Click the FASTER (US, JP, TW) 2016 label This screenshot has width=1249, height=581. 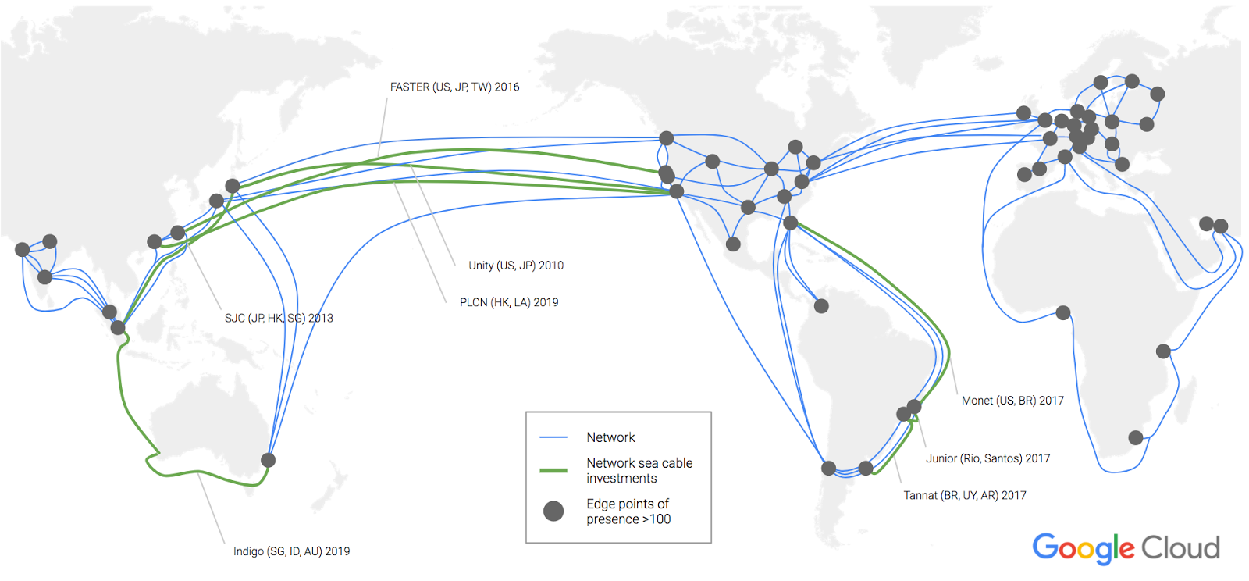coord(454,87)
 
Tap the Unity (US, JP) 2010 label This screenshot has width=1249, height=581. coord(516,266)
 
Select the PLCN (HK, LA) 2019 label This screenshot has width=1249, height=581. coord(509,302)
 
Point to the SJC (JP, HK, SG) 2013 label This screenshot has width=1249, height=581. coord(279,318)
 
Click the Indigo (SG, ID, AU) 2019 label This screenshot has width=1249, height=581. coord(291,551)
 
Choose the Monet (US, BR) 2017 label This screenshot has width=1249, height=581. coord(1012,401)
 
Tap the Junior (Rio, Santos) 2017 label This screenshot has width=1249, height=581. coord(987,458)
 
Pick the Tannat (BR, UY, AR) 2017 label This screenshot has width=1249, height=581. coord(965,495)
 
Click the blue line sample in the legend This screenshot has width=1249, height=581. coord(553,437)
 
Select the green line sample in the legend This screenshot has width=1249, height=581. coord(553,470)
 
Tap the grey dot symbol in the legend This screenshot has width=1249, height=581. coord(553,511)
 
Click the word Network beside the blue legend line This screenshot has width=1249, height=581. coord(610,437)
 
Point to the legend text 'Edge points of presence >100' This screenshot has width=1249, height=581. coord(628,511)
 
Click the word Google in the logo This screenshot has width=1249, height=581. coord(1083,548)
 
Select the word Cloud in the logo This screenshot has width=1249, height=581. coord(1180,548)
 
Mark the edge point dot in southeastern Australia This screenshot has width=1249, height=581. coord(268,460)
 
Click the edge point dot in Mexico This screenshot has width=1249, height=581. coord(733,244)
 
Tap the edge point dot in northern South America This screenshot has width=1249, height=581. coord(821,306)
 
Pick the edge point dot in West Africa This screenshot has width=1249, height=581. coord(1062,313)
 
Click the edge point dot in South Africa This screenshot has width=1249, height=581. coord(1136,438)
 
